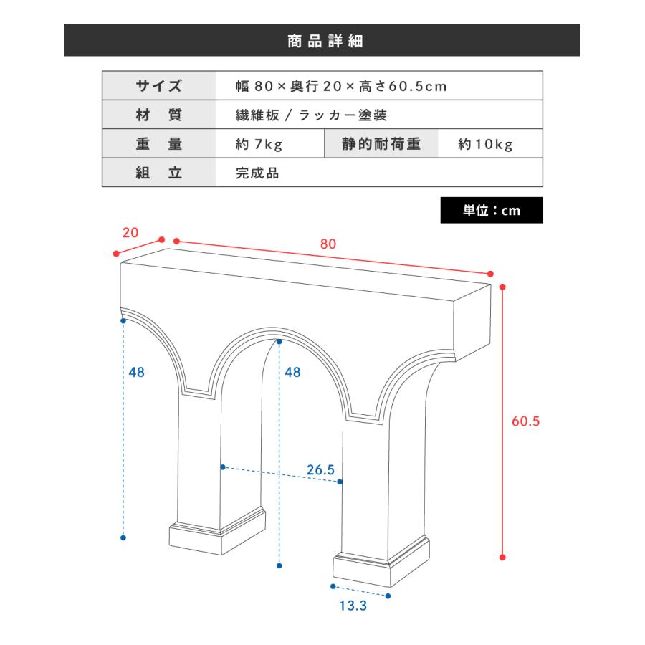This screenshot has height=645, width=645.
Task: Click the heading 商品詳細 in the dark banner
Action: tap(325, 41)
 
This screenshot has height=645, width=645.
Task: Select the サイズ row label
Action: tap(159, 86)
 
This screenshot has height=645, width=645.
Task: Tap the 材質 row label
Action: tap(159, 115)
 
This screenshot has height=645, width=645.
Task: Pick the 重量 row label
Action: tap(159, 143)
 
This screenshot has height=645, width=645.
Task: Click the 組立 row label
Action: tap(159, 173)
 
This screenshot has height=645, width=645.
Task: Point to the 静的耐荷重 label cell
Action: tap(381, 143)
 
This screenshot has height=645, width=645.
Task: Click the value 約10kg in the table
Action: tap(485, 144)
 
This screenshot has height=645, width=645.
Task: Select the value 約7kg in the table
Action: tap(259, 144)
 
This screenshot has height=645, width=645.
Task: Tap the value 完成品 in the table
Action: tap(257, 173)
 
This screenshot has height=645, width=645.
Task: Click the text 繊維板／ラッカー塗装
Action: tap(312, 115)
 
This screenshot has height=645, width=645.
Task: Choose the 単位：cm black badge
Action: tap(492, 210)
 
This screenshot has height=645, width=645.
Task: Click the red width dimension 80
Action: tap(328, 244)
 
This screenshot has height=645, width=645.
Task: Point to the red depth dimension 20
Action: tap(130, 233)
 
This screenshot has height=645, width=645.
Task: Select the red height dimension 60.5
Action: tap(526, 421)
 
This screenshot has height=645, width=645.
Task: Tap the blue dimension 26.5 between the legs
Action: tap(321, 469)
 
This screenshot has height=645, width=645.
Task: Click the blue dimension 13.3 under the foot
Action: tap(353, 606)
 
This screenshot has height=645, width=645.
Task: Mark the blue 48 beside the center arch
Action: tap(292, 372)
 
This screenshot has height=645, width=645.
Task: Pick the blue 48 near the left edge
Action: tap(137, 372)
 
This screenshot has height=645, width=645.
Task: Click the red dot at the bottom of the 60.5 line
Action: tap(502, 558)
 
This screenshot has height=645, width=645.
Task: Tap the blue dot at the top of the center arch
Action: tap(279, 341)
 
